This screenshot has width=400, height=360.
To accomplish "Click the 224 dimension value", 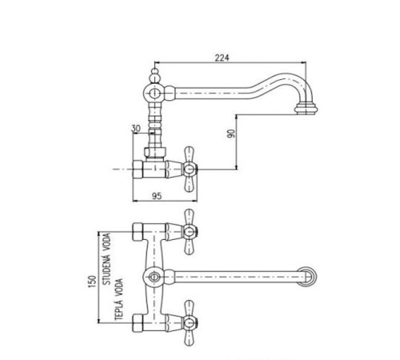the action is [222, 58].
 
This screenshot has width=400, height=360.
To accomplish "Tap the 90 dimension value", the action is [231, 134].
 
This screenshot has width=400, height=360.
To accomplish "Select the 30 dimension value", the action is [136, 129].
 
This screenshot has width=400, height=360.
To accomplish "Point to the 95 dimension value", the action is [157, 196].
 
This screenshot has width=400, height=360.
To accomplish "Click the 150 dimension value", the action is [91, 282].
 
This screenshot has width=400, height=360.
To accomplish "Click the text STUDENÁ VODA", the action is [106, 258].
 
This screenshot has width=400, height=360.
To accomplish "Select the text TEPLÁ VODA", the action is [118, 299].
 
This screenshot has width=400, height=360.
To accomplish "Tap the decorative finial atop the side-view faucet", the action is [154, 75].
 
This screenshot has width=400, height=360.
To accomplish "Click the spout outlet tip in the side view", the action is [306, 109].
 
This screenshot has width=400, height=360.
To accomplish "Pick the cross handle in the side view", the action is [189, 169].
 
